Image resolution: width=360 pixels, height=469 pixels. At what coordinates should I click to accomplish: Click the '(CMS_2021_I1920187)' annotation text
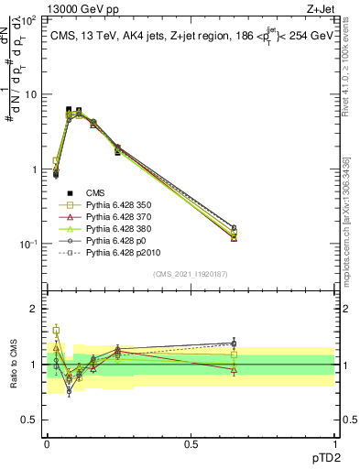[x=190, y=274]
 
